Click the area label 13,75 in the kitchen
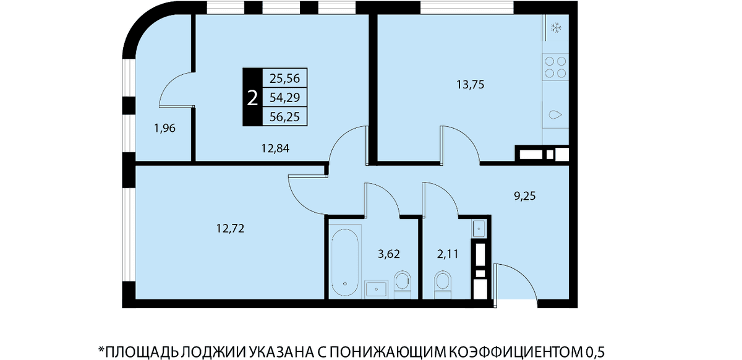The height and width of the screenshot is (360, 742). pos(471,85)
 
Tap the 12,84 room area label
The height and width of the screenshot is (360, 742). pos(275,148)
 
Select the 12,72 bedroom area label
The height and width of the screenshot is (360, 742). pos(230,228)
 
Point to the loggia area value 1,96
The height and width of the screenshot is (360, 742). pos(164,128)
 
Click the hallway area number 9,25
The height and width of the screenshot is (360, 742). pos(525,196)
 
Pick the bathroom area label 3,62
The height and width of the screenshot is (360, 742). pos(389,254)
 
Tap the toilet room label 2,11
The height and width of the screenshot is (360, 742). pos(448,254)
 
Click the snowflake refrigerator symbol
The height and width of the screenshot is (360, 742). pos(555,28)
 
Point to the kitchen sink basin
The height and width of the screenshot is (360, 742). pos(555,115)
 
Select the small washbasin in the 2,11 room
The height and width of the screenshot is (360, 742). pos(479,229)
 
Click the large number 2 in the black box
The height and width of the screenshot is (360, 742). pos(252,98)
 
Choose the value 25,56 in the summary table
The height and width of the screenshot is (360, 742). pos(284,79)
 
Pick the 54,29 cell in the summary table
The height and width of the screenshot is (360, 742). pos(284,98)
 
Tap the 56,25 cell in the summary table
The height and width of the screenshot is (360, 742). pos(284,117)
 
